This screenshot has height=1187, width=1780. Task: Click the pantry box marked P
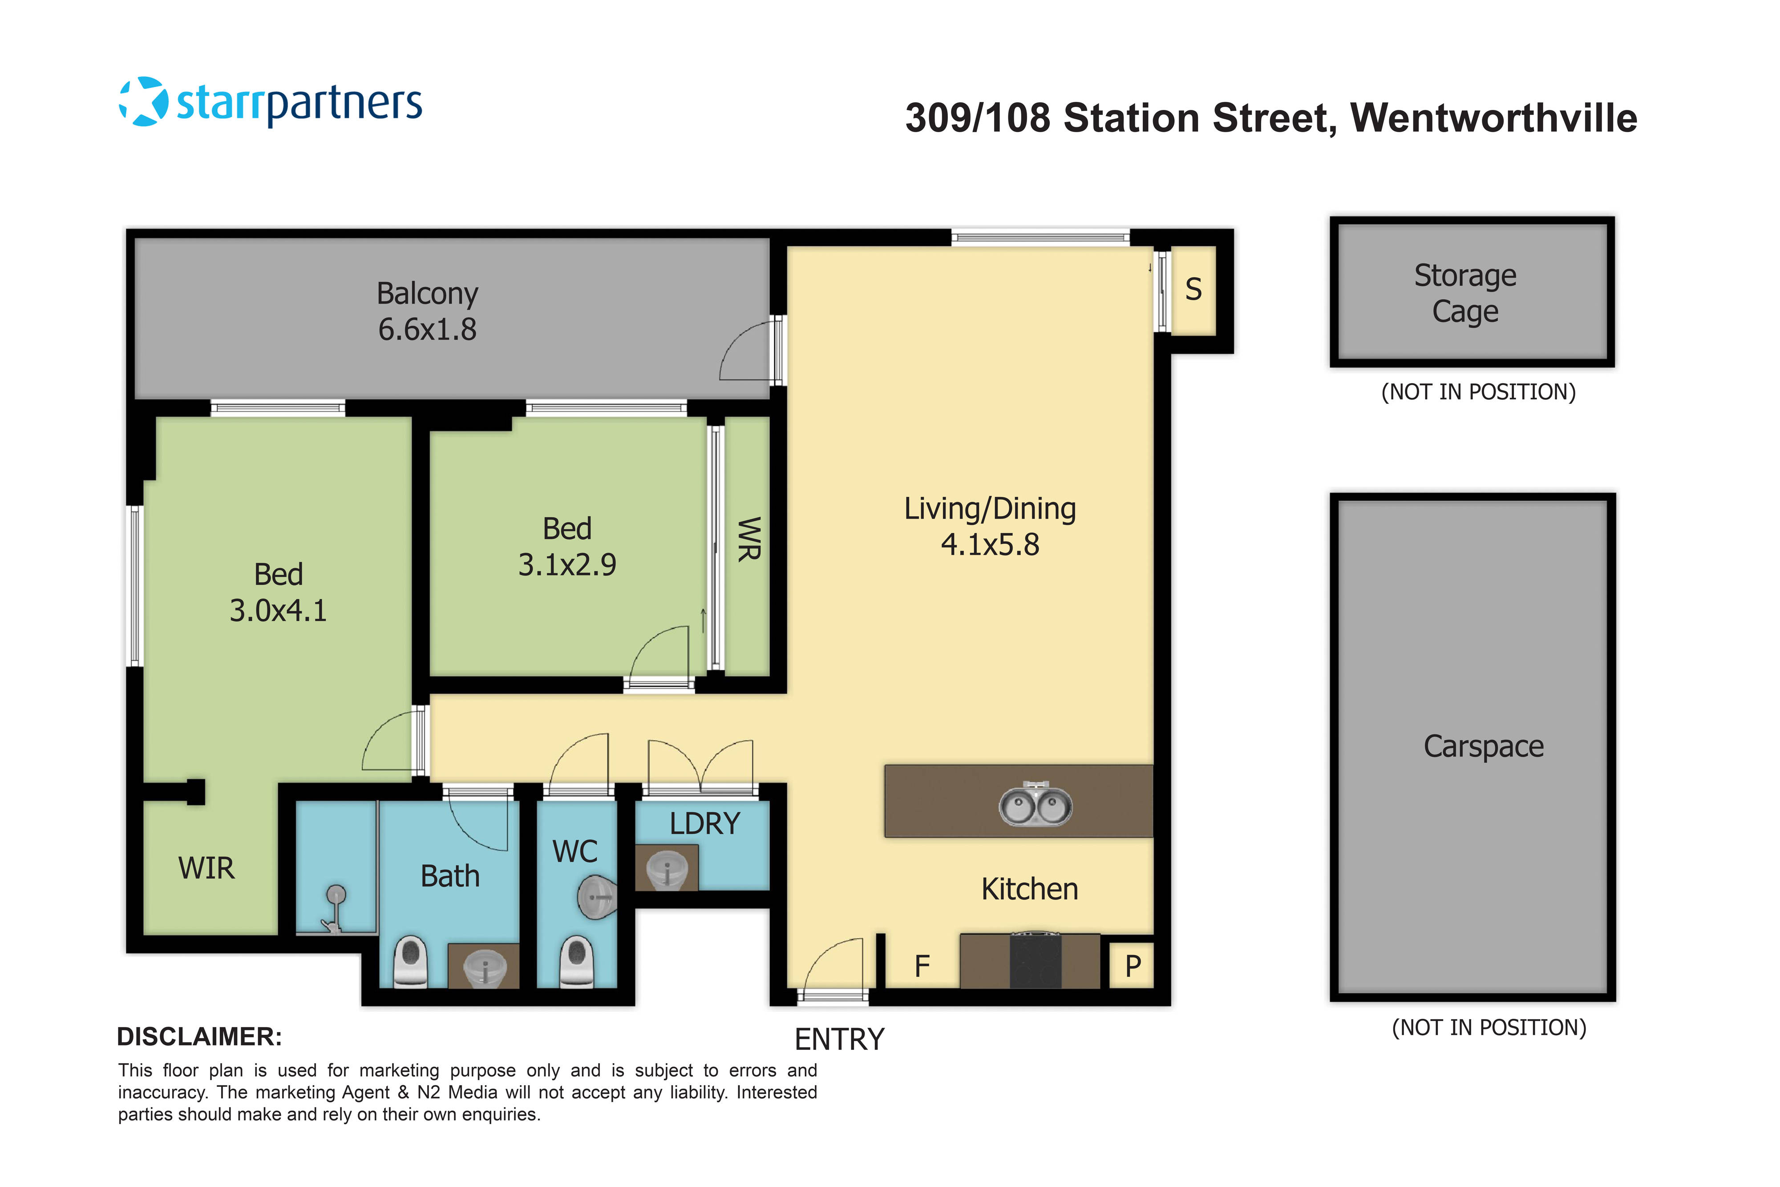(1132, 966)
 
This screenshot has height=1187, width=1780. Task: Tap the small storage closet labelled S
(1193, 289)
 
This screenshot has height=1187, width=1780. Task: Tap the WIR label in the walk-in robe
(206, 868)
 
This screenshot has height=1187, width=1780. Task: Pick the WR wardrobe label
(748, 539)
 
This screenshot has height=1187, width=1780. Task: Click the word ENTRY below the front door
(839, 1039)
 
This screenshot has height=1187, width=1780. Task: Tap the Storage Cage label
(1465, 293)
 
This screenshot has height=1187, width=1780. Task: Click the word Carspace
(1483, 746)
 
